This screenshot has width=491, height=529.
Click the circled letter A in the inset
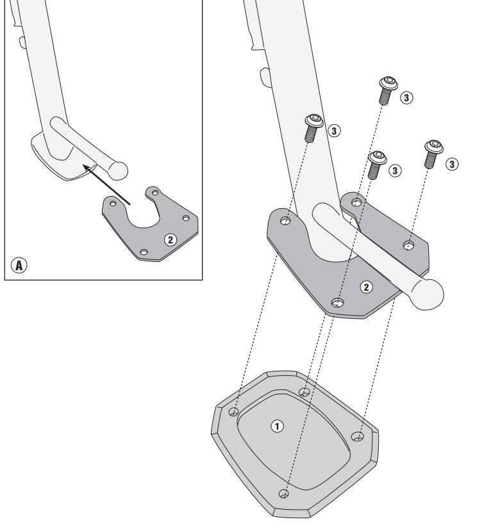coord(20,264)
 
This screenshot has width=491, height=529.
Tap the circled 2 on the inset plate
coord(170,240)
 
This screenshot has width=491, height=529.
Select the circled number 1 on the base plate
coord(278,425)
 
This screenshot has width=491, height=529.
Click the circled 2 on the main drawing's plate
coord(366,286)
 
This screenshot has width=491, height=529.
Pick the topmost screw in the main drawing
coord(387,89)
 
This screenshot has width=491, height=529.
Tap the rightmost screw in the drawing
coord(433,153)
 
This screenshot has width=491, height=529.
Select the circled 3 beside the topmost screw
coord(406,97)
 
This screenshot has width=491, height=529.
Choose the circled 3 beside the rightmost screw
coord(452,165)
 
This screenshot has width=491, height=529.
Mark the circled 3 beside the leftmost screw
coord(334,131)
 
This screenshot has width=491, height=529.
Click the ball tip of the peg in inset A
coord(119,170)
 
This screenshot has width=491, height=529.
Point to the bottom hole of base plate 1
coord(284,494)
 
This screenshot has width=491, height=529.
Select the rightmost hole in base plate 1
coord(357,437)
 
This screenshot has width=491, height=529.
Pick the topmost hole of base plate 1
coord(304,391)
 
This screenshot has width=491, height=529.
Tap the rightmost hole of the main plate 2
coord(408,245)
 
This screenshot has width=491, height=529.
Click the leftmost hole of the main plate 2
coord(285,222)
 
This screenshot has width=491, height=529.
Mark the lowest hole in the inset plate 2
coord(144,252)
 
